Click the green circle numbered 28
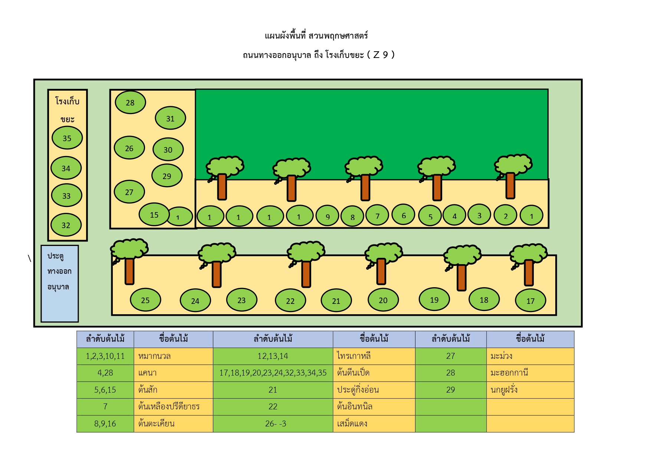click(130, 102)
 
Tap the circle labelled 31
click(170, 118)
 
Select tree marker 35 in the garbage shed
click(67, 138)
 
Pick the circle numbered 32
click(66, 225)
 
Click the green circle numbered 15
click(154, 214)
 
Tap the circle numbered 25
click(145, 300)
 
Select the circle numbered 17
click(530, 301)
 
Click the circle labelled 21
click(336, 301)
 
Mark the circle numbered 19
click(434, 299)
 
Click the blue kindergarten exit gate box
click(60, 283)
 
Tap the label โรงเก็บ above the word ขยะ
click(68, 101)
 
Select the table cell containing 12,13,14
click(273, 356)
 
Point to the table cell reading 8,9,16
click(105, 423)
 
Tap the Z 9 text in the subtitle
click(381, 55)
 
